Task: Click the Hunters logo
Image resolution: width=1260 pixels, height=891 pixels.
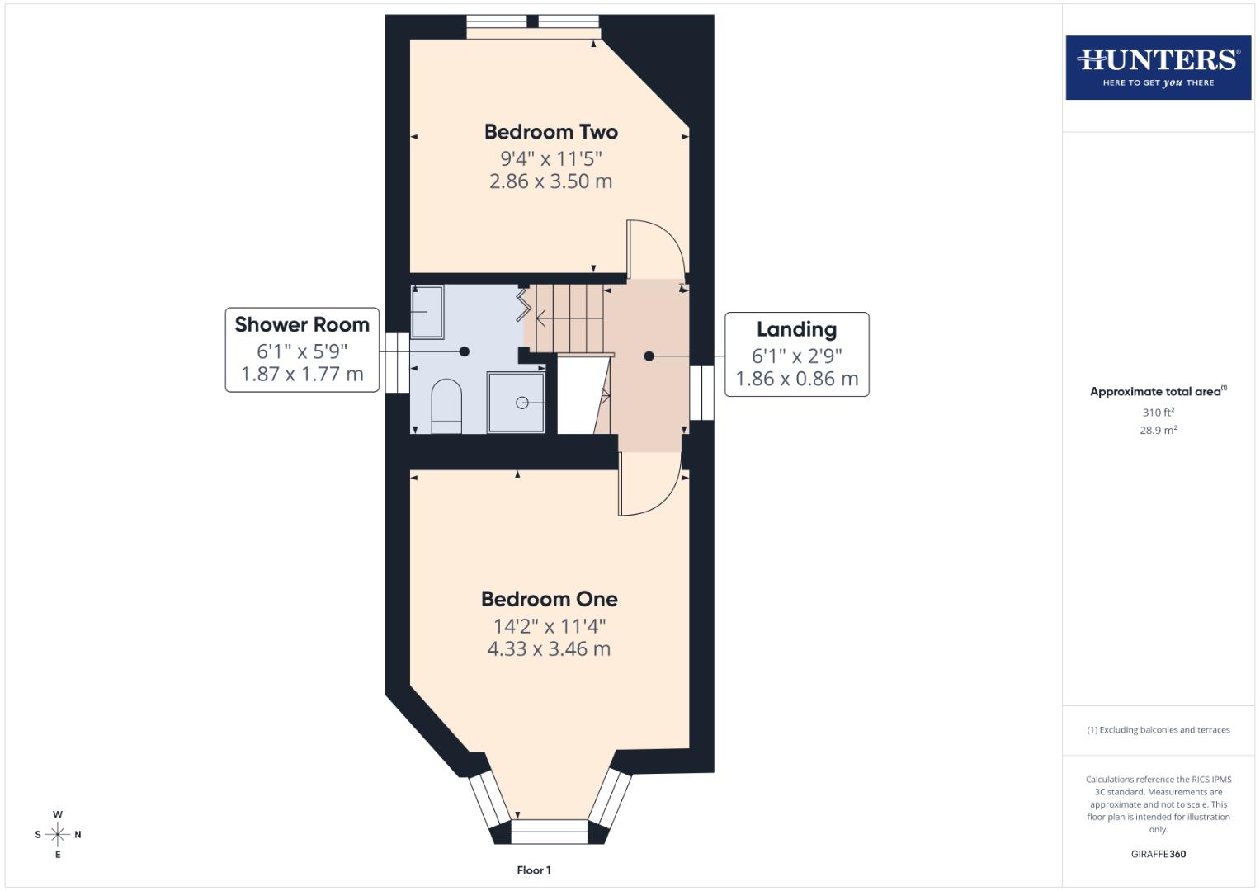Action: tap(1158, 67)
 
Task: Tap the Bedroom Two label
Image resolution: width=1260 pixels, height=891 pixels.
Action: tap(550, 132)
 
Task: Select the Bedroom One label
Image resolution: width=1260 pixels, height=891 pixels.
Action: tap(549, 599)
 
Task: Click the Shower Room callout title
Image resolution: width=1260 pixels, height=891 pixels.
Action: tap(302, 325)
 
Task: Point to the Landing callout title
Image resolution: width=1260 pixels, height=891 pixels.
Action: tap(796, 330)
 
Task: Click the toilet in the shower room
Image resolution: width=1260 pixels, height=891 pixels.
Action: tap(447, 404)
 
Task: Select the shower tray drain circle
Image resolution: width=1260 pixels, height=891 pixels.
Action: tap(522, 403)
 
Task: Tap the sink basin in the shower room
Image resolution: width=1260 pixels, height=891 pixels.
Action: tap(427, 312)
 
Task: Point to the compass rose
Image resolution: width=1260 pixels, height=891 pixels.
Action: tap(58, 835)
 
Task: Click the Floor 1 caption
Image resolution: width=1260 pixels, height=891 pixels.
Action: tap(534, 870)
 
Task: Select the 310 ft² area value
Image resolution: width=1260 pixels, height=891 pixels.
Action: tap(1158, 412)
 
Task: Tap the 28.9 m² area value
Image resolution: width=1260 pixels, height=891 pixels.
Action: tap(1158, 431)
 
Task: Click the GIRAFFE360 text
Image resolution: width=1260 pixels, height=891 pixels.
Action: tap(1158, 854)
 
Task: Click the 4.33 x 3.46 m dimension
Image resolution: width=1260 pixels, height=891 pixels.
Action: tap(549, 649)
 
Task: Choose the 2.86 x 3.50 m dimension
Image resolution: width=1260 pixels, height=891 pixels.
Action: tap(550, 181)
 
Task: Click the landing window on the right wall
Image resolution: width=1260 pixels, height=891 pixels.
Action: tap(702, 393)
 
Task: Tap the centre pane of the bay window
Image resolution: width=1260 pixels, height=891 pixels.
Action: tap(550, 832)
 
